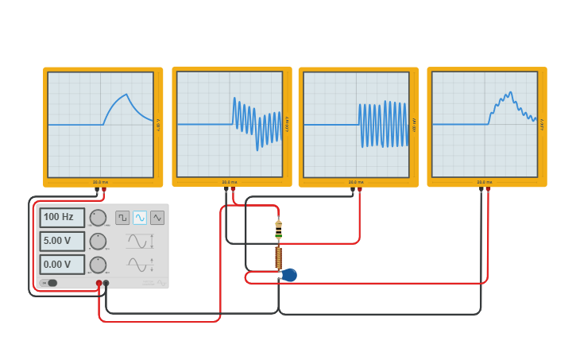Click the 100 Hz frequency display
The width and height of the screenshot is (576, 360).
[62, 217]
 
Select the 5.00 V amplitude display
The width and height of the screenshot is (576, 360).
[62, 241]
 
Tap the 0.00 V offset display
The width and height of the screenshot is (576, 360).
[62, 265]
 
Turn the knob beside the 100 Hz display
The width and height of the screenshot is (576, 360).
[98, 218]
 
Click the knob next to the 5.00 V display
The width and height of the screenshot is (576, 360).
[98, 242]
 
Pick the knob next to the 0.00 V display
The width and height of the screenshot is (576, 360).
[98, 265]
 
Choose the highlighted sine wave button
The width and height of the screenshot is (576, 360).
[140, 217]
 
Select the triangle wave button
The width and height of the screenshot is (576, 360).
[157, 217]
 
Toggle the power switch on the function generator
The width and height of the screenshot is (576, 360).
[49, 283]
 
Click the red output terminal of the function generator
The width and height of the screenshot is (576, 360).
[99, 283]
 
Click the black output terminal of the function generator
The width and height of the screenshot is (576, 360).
[106, 283]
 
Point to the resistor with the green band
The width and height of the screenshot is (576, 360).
[278, 230]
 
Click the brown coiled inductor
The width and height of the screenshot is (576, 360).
[278, 257]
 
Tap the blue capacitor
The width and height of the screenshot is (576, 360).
[289, 275]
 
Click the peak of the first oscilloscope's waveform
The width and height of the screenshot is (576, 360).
[126, 95]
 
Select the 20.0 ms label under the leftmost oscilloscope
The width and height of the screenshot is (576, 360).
[100, 182]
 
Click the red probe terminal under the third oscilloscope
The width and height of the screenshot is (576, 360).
[359, 190]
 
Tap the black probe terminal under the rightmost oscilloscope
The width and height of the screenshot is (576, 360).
[481, 190]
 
